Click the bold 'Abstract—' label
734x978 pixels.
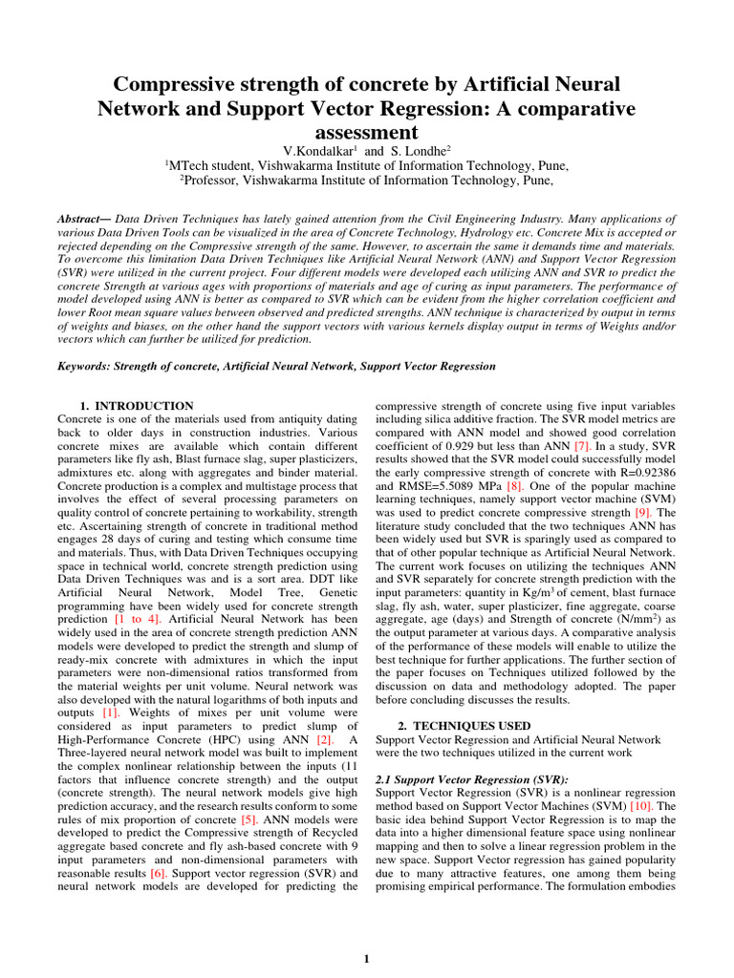point(85,220)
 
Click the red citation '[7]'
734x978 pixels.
point(582,446)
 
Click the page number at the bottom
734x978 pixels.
point(366,959)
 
